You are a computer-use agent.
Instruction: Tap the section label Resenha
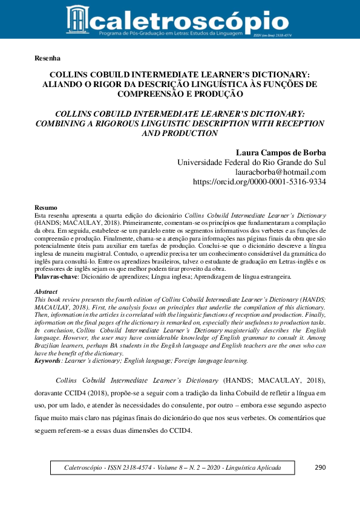(x=48, y=59)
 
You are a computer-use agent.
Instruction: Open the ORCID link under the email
(x=259, y=181)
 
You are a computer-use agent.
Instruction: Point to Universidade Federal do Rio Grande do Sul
(x=251, y=162)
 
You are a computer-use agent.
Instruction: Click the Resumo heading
(x=46, y=208)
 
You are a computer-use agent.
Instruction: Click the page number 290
(x=321, y=468)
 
